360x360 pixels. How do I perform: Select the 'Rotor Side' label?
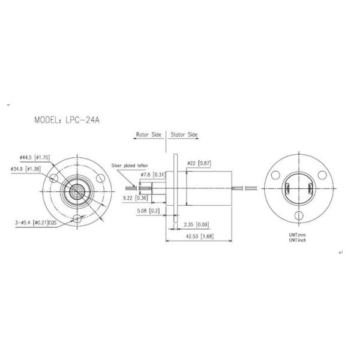149,135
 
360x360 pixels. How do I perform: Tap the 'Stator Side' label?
184,135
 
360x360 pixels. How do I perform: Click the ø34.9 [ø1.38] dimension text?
34,169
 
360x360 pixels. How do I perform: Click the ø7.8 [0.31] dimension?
153,174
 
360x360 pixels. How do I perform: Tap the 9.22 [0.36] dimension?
135,197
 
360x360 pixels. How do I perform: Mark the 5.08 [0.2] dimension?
148,211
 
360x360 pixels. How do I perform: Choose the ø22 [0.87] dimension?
198,163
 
